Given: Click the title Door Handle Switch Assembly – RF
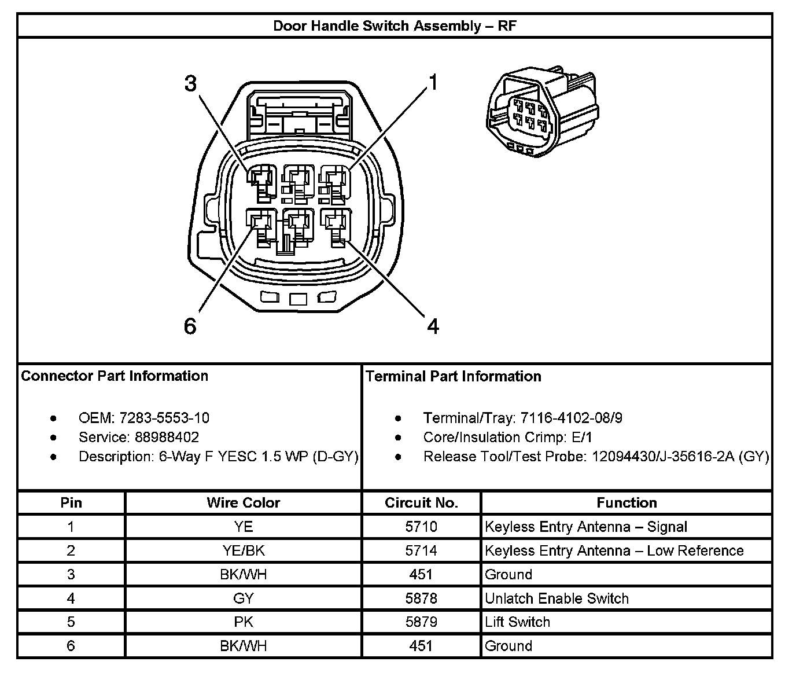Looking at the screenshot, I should click(x=395, y=26).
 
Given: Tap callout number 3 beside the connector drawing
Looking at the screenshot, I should click(x=190, y=84).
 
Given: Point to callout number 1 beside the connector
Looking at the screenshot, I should click(x=433, y=83).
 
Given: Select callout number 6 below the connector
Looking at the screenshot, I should click(x=190, y=327).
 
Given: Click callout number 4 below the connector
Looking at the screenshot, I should click(x=433, y=327).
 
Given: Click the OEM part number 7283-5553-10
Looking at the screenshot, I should click(x=164, y=418).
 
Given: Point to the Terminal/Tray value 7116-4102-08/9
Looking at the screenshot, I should click(x=571, y=418).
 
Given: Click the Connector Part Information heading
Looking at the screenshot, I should click(x=115, y=376).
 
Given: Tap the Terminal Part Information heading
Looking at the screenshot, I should click(x=454, y=377).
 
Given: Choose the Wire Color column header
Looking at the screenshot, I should click(x=243, y=503).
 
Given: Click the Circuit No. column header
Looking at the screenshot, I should click(x=421, y=503).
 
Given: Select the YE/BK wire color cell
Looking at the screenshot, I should click(x=243, y=550).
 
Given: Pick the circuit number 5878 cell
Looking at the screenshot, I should click(x=421, y=598).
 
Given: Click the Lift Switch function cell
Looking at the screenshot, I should click(x=517, y=622).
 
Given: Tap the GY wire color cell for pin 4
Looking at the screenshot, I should click(x=243, y=598).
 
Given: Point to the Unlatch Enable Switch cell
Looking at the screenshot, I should click(x=557, y=598).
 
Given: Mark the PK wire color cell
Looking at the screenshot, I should click(x=243, y=622).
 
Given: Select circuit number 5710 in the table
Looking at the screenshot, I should click(x=421, y=527).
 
